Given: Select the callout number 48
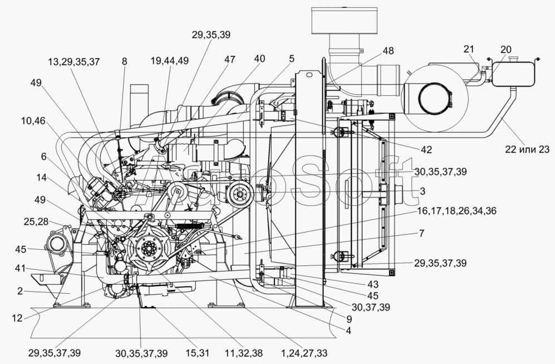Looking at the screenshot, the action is [388, 51].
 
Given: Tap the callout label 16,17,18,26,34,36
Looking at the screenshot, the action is [456, 211].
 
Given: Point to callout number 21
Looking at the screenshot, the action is [469, 49].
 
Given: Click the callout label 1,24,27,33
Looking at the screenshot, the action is [304, 353].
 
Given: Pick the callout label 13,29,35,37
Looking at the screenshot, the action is [74, 62].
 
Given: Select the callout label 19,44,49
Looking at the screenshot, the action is [170, 61].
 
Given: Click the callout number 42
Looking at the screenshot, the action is [426, 149].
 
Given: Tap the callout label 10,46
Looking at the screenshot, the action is [33, 121].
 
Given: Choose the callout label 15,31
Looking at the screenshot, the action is [198, 353].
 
